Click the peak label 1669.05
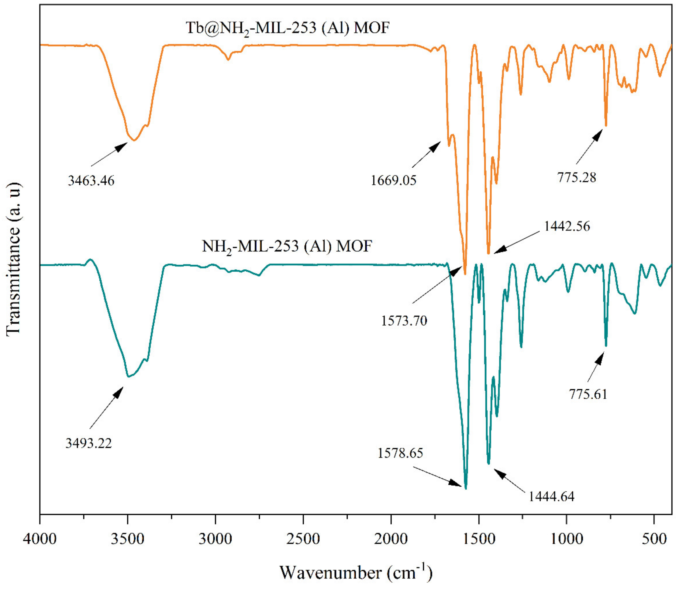[393, 180]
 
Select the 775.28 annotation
[576, 177]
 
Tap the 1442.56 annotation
[567, 226]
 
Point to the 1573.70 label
[404, 320]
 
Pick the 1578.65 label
[400, 453]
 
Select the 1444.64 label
[551, 496]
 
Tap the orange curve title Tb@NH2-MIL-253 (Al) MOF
[287, 28]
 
